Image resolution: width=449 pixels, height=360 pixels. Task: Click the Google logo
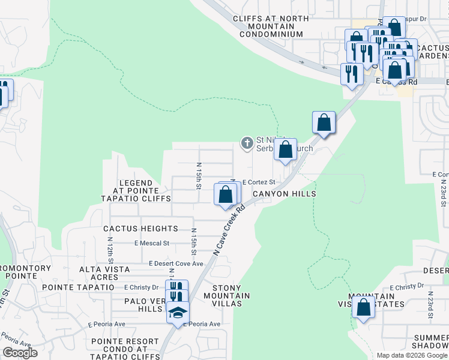[x=20, y=353]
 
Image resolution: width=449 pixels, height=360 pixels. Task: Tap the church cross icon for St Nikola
[x=246, y=143]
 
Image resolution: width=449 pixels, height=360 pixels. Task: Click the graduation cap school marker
[x=178, y=313]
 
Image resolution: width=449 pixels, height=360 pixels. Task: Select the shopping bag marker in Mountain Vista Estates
[x=363, y=307]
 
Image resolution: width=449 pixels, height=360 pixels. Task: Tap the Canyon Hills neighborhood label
[x=284, y=194]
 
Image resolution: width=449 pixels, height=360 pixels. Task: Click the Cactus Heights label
[x=140, y=229]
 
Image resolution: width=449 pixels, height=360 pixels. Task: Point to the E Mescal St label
[x=152, y=243]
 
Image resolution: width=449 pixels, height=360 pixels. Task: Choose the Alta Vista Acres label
[x=104, y=274]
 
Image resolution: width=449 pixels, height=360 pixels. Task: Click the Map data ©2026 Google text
[x=411, y=355]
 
